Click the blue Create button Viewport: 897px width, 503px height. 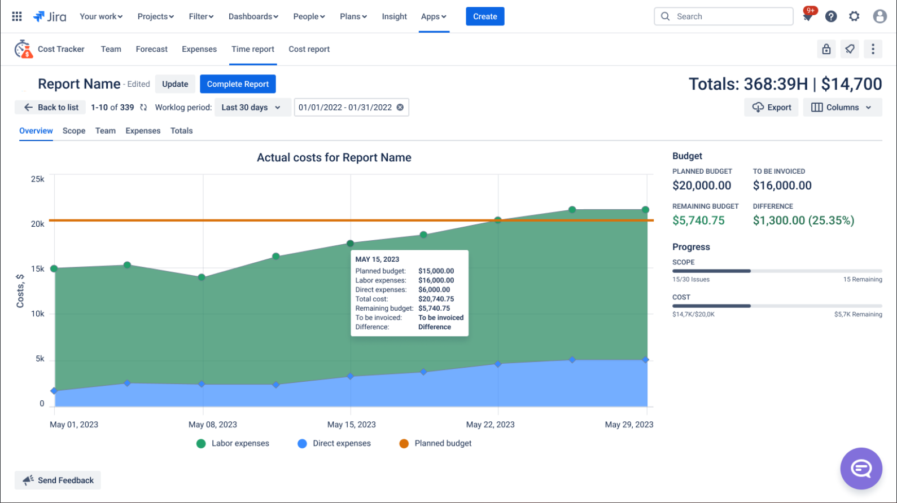tap(484, 16)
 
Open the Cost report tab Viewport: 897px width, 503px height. tap(309, 49)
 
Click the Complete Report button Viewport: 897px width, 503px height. tap(238, 84)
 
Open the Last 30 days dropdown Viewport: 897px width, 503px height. tap(251, 107)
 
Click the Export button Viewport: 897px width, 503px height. tap(771, 107)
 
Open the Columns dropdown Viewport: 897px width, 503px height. tap(842, 107)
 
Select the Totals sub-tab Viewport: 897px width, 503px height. tap(181, 131)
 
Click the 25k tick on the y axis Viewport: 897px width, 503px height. tap(37, 179)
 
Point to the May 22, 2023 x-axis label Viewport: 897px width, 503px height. tap(490, 425)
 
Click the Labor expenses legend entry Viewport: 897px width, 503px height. tap(233, 443)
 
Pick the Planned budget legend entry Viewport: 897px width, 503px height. tap(435, 443)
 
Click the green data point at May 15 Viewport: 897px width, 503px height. tap(350, 244)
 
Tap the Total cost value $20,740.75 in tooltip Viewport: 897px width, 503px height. tap(436, 299)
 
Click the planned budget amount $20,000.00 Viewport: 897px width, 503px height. tap(702, 186)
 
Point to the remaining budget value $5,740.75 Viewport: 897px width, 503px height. tap(698, 220)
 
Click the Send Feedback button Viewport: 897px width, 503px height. tap(58, 480)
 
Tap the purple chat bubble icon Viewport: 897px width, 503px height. tap(861, 468)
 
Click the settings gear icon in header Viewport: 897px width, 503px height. tap(854, 16)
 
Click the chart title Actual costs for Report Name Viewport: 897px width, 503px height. tap(334, 158)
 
